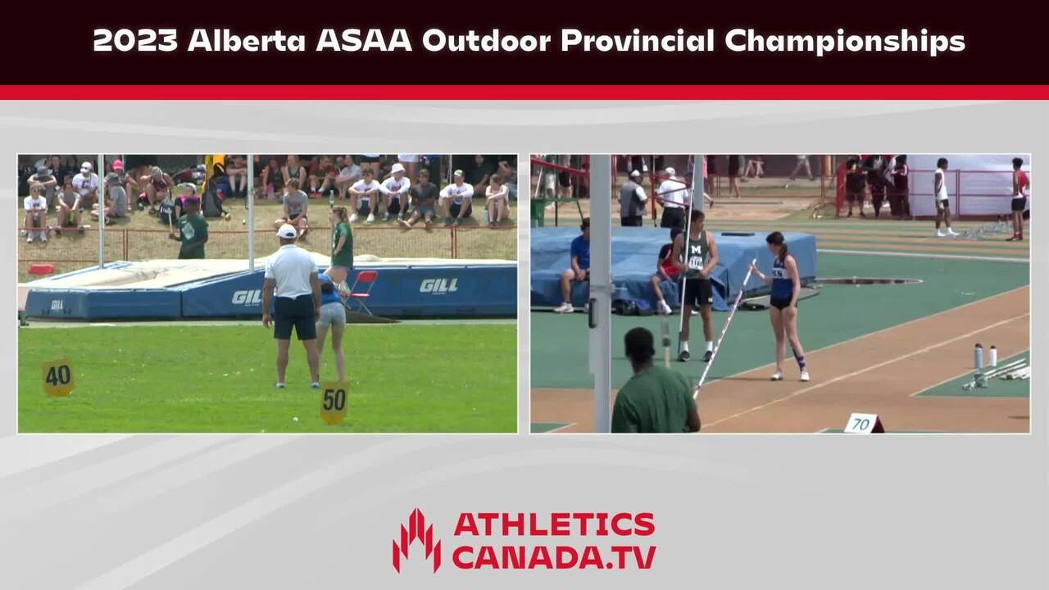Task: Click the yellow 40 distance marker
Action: [x=58, y=377]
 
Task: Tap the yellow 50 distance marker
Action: [x=334, y=402]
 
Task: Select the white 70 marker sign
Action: [x=863, y=424]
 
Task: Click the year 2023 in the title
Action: [x=135, y=41]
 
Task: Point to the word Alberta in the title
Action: [x=247, y=41]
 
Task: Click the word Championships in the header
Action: [x=845, y=42]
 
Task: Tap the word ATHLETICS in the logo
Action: [x=555, y=524]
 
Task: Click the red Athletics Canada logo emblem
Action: [x=416, y=541]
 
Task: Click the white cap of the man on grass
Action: [x=287, y=231]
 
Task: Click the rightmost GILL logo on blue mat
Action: [x=438, y=286]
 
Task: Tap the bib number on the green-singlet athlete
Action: [x=696, y=262]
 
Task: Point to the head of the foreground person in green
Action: [x=640, y=346]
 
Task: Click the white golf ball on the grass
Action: [x=296, y=419]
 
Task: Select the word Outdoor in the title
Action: [x=486, y=41]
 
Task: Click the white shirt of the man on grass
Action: [x=291, y=270]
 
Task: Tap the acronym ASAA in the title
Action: [x=364, y=41]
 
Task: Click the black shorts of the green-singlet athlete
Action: [x=697, y=291]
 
